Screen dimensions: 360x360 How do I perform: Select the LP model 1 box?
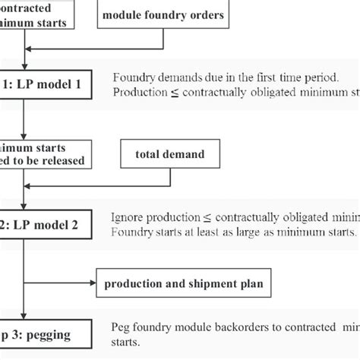pyautogui.click(x=46, y=85)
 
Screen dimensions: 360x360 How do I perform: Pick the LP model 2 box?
pyautogui.click(x=46, y=224)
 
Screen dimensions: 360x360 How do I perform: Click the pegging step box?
pyautogui.click(x=46, y=332)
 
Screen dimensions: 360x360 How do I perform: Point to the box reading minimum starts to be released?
pyautogui.click(x=46, y=153)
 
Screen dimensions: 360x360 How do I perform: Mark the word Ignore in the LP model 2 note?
pyautogui.click(x=127, y=216)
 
